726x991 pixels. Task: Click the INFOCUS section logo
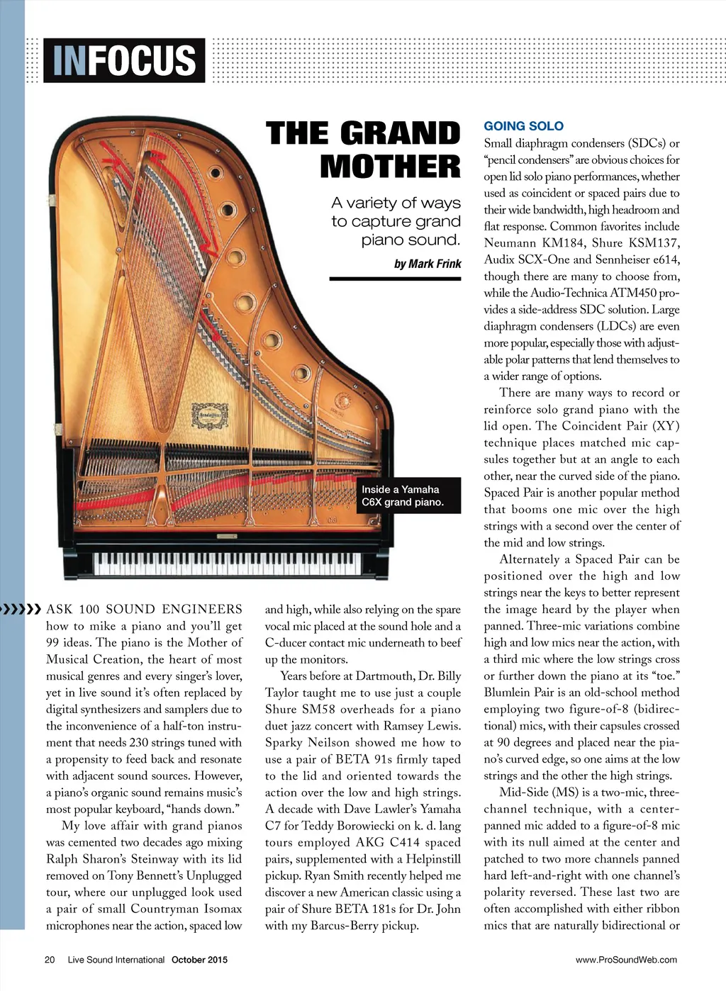pyautogui.click(x=124, y=60)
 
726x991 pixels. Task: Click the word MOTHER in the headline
pyautogui.click(x=390, y=167)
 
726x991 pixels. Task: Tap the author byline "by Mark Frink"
pyautogui.click(x=427, y=264)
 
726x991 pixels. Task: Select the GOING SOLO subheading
pyautogui.click(x=523, y=126)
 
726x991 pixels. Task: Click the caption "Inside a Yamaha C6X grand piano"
pyautogui.click(x=402, y=495)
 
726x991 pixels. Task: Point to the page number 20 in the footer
pyautogui.click(x=50, y=960)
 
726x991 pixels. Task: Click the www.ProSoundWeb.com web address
pyautogui.click(x=626, y=960)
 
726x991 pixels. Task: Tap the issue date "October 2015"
pyautogui.click(x=199, y=960)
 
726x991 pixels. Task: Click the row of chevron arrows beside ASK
pyautogui.click(x=21, y=609)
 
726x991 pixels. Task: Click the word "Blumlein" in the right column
pyautogui.click(x=511, y=693)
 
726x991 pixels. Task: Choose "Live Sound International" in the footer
pyautogui.click(x=116, y=960)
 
